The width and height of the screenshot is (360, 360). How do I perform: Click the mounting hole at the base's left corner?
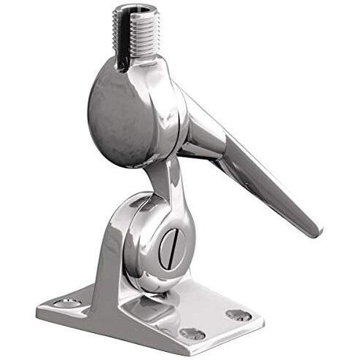68,302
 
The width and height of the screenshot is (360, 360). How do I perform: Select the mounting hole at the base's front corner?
192,333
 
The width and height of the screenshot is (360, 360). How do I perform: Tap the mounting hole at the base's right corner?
238,315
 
